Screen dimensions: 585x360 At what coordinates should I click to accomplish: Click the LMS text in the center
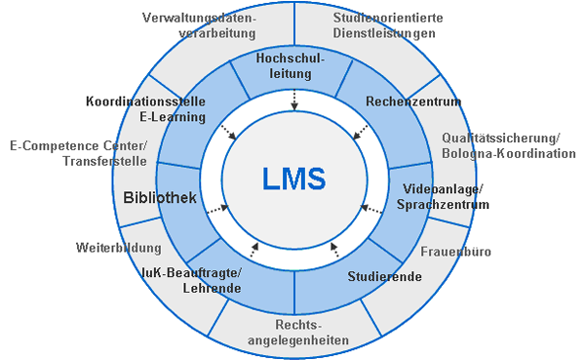[x=294, y=179]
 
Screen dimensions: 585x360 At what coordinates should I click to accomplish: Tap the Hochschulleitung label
[x=291, y=65]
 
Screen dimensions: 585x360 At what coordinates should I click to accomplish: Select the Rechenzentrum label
[x=413, y=101]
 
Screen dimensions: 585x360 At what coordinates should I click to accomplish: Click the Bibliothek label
[x=160, y=197]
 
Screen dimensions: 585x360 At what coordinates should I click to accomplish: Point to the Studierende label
[x=385, y=276]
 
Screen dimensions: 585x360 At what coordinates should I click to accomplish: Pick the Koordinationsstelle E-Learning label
[x=146, y=109]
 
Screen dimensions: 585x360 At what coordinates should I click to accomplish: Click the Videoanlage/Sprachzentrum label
[x=443, y=197]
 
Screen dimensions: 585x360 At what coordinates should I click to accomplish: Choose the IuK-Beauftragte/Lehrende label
[x=191, y=280]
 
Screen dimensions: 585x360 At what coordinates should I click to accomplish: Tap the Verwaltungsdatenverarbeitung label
[x=199, y=25]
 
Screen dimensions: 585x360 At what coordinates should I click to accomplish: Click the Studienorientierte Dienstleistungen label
[x=388, y=25]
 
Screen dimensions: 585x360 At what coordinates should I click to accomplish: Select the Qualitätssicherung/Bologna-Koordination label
[x=509, y=145]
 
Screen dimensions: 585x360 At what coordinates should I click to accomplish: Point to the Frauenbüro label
[x=455, y=252]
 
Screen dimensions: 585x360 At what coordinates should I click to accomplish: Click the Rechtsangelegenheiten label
[x=298, y=333]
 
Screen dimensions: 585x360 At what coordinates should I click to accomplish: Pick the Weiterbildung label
[x=119, y=248]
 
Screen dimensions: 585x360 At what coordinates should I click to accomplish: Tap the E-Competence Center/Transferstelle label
[x=78, y=153]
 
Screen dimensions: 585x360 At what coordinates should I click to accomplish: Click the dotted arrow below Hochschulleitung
[x=294, y=100]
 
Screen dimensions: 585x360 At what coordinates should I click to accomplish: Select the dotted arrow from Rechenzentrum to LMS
[x=360, y=133]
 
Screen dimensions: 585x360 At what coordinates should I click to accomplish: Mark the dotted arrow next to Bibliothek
[x=217, y=209]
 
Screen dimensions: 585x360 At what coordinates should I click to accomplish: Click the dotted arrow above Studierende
[x=334, y=250]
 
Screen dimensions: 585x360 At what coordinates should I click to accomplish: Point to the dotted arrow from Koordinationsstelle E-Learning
[x=229, y=133]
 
